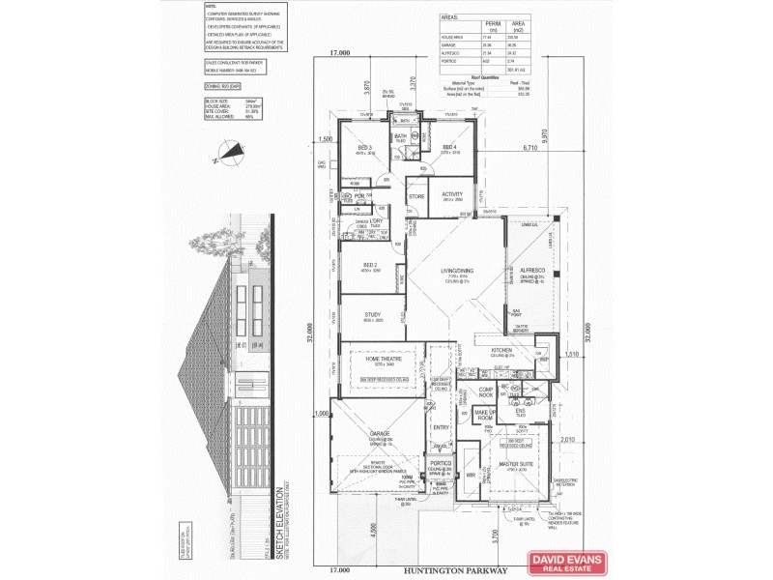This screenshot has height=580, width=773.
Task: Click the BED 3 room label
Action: point(363,146)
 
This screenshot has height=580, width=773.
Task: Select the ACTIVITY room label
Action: point(452,193)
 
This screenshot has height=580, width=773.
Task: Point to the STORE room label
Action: point(416,196)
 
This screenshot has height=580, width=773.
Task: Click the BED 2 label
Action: point(369,264)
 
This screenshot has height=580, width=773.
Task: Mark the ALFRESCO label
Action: point(533,271)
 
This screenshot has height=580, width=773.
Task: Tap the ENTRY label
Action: point(442,427)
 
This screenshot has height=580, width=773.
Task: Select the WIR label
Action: point(471,477)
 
